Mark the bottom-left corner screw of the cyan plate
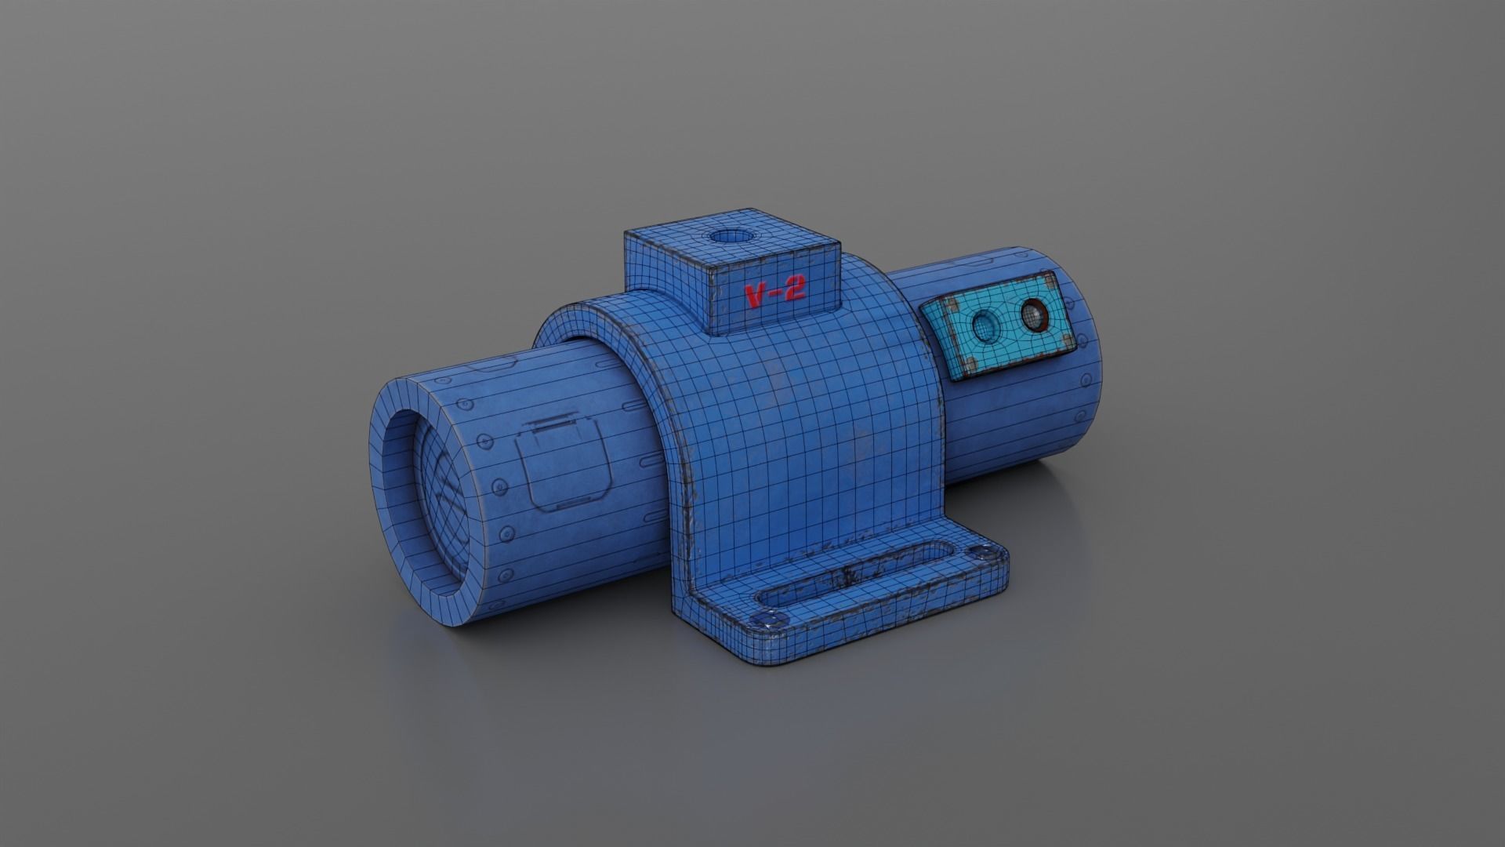coord(970,362)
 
